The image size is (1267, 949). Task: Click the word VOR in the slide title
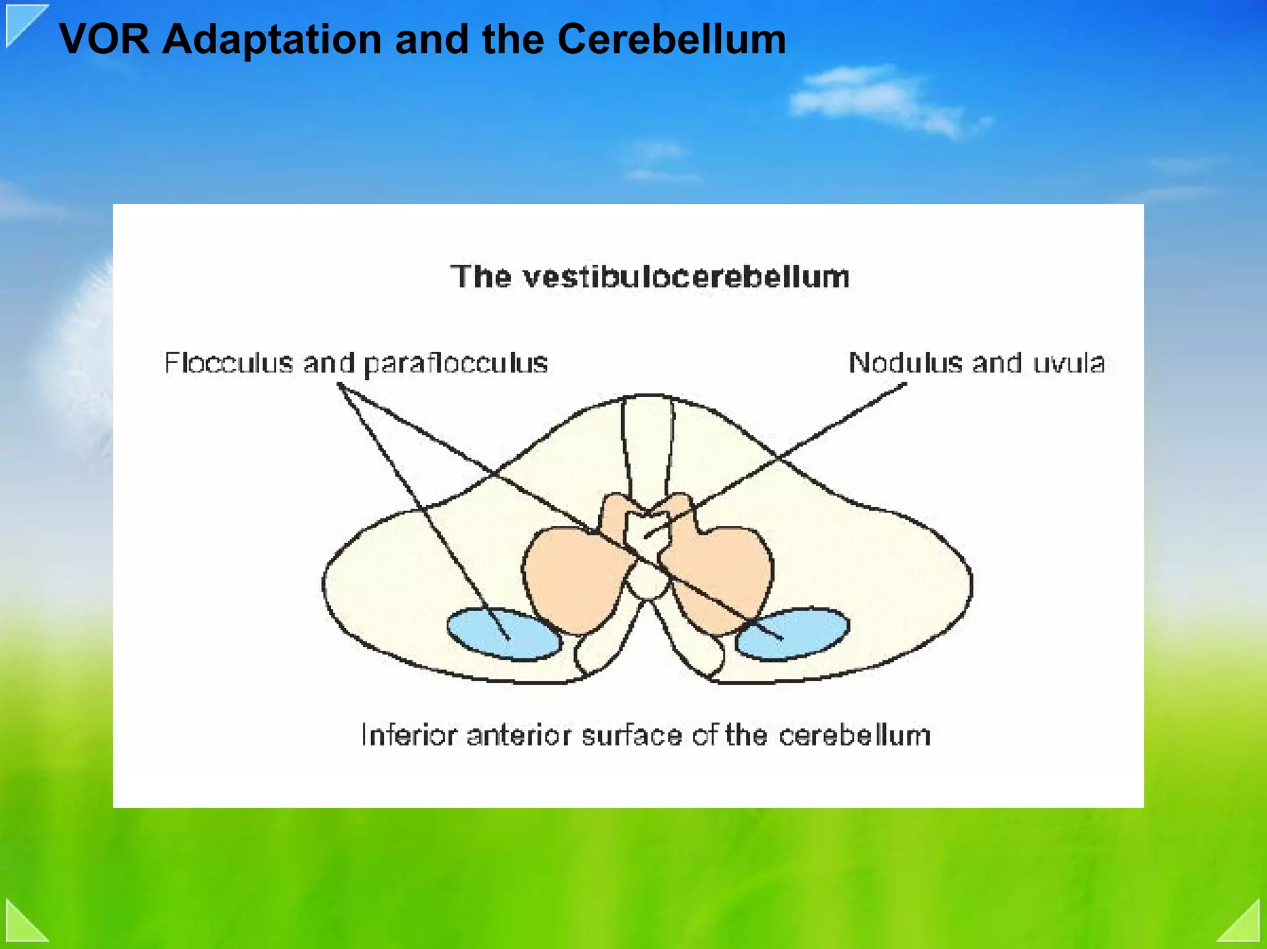coord(104,40)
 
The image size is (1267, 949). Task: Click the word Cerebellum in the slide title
coord(671,40)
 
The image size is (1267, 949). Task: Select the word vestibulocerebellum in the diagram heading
coord(686,277)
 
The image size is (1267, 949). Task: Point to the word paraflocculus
coord(456,364)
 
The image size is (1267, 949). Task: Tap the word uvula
coord(1068,363)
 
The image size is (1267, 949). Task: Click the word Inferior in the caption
coord(409,736)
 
